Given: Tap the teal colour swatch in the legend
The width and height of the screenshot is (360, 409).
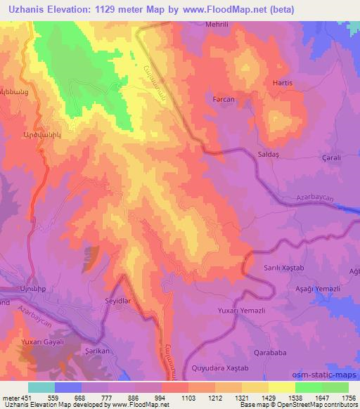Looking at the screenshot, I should click(x=41, y=387).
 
